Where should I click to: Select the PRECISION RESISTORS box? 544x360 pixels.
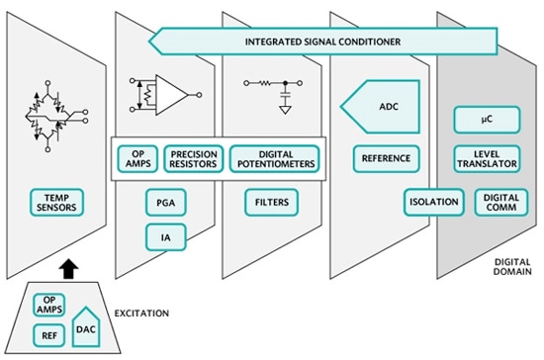(x=194, y=158)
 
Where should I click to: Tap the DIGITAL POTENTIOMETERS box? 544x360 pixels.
(x=276, y=158)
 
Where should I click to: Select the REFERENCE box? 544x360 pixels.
(x=385, y=158)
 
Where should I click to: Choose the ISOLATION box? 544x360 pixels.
(x=433, y=203)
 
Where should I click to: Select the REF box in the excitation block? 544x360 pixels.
(x=50, y=337)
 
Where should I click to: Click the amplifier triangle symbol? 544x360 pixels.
(x=172, y=96)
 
